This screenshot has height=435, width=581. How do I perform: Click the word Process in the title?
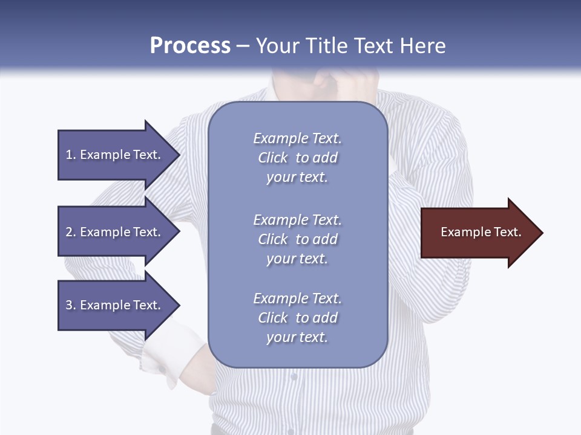pyautogui.click(x=190, y=46)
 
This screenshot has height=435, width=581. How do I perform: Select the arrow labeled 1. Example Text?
pyautogui.click(x=115, y=155)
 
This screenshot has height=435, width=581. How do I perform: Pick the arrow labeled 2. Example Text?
pyautogui.click(x=115, y=232)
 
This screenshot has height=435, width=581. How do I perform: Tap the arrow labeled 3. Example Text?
pyautogui.click(x=115, y=305)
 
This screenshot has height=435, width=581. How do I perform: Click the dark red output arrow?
pyautogui.click(x=478, y=233)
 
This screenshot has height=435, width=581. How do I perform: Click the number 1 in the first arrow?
pyautogui.click(x=69, y=155)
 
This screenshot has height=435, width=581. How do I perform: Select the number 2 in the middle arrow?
pyautogui.click(x=69, y=232)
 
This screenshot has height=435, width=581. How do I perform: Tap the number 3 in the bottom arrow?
pyautogui.click(x=69, y=305)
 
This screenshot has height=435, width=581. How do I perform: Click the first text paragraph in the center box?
pyautogui.click(x=297, y=158)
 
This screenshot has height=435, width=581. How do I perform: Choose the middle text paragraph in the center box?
pyautogui.click(x=297, y=239)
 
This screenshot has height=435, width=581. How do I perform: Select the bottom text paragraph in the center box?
pyautogui.click(x=297, y=318)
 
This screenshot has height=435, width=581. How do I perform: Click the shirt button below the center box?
pyautogui.click(x=294, y=376)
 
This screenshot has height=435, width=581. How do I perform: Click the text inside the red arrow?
pyautogui.click(x=481, y=232)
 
